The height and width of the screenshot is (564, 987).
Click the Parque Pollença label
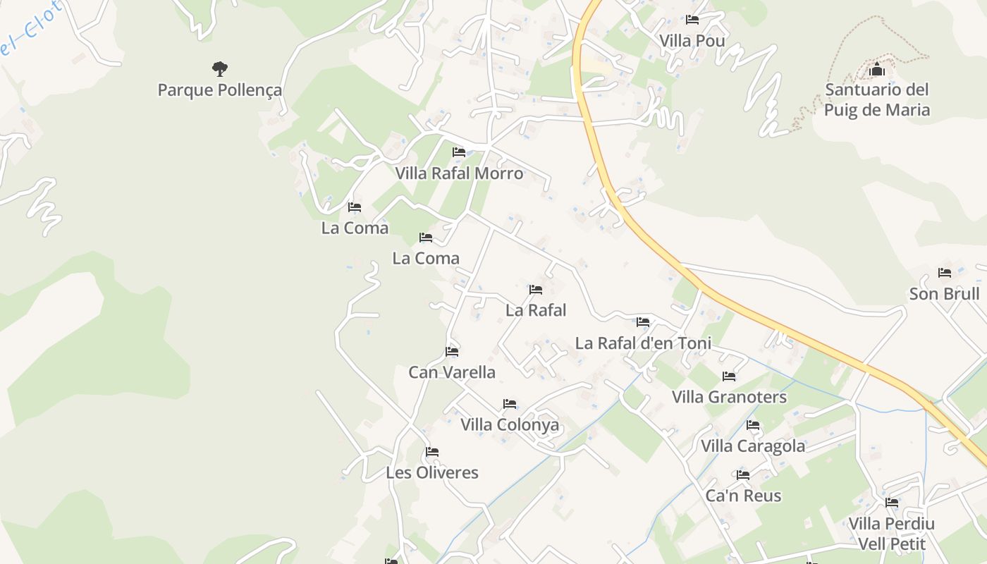(219, 90)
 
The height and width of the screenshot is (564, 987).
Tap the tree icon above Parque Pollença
(220, 68)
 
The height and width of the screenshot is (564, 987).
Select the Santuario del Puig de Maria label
(877, 99)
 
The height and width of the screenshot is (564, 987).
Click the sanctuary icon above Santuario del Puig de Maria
(877, 69)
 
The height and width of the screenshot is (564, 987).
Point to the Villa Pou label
(692, 41)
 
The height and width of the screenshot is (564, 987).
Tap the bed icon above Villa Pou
(692, 20)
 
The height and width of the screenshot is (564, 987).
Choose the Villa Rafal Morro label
(459, 173)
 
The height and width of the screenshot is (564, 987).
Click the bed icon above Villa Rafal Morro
(459, 152)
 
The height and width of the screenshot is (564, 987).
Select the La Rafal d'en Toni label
(643, 343)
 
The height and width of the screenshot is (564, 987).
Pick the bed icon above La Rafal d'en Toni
(643, 322)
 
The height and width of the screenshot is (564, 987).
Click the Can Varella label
(452, 372)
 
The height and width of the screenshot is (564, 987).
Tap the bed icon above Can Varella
(452, 351)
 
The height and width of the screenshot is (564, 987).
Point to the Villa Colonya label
(510, 424)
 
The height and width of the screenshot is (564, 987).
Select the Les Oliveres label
(432, 472)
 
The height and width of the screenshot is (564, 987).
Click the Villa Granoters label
(729, 397)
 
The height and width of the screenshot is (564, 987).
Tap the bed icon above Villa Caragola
(753, 425)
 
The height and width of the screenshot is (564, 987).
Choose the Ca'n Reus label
(743, 496)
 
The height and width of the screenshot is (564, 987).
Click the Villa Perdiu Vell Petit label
(891, 534)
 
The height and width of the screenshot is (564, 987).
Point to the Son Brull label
(944, 294)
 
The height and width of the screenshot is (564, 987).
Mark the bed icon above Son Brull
(945, 273)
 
